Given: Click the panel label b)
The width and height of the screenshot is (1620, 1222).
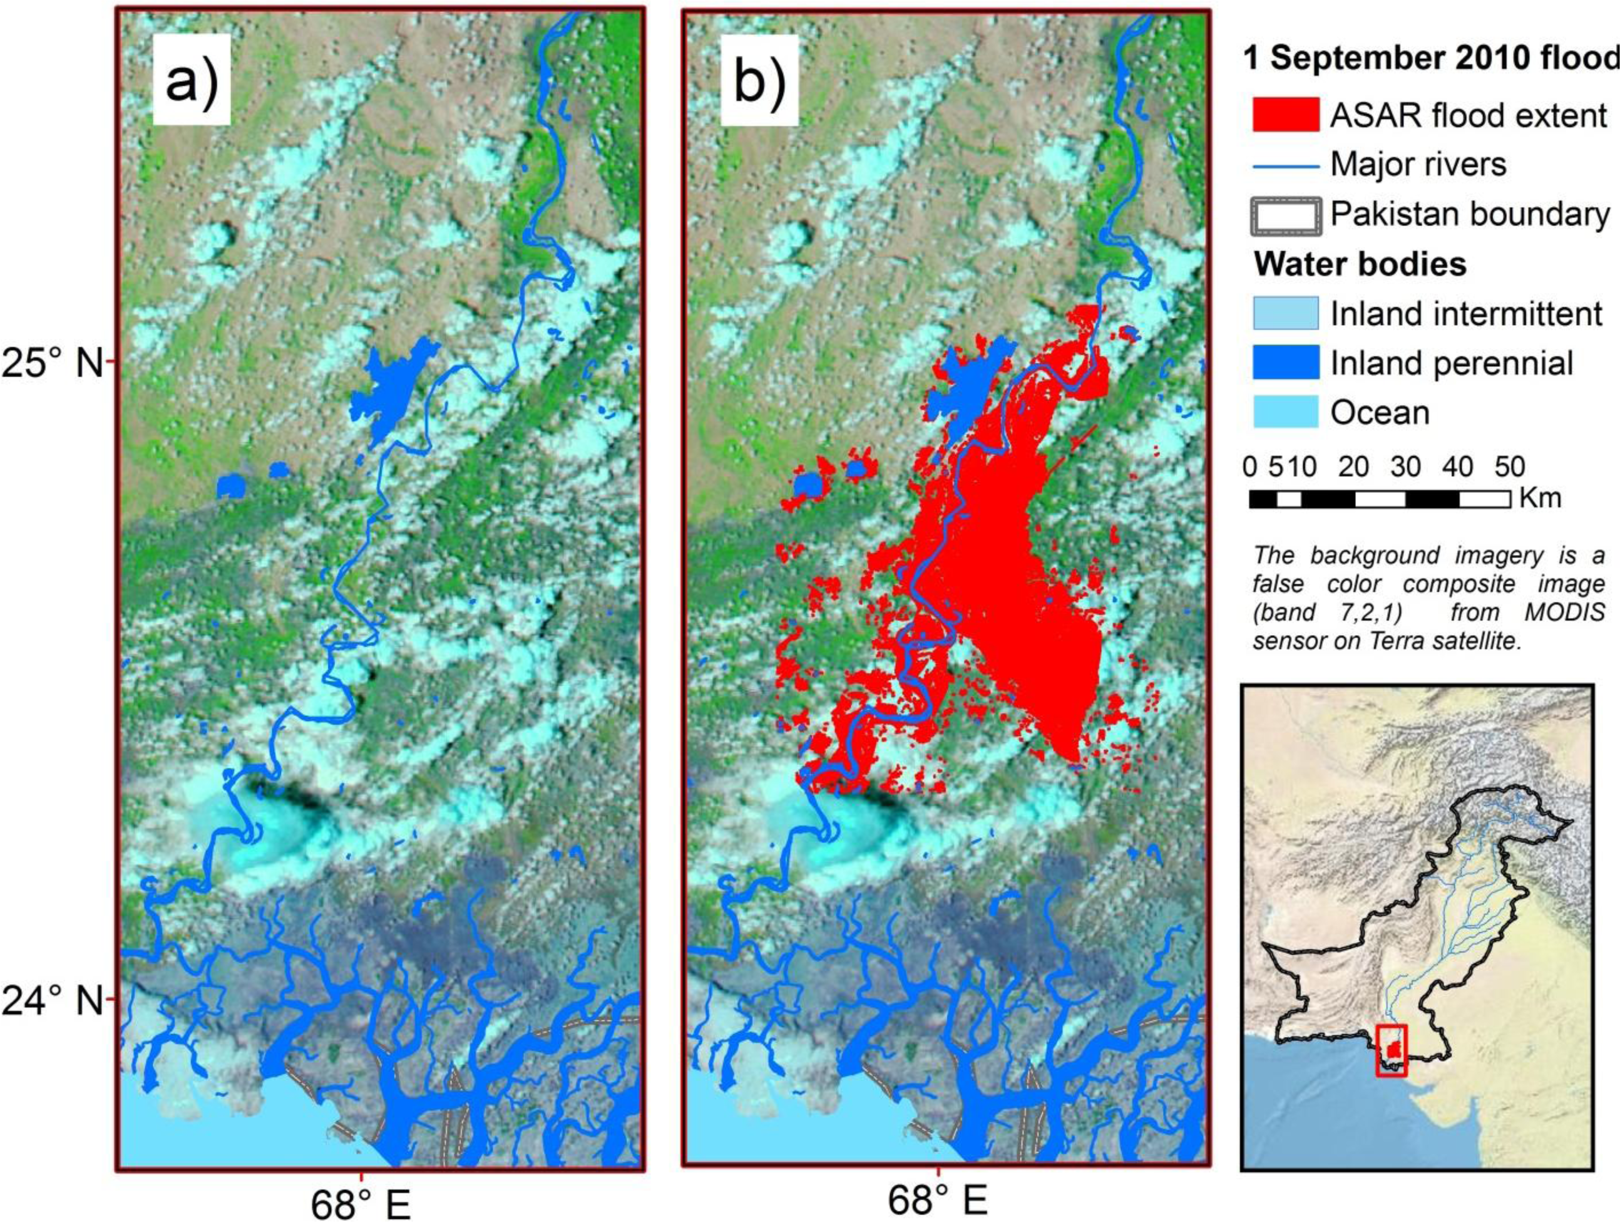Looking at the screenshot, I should pyautogui.click(x=759, y=80).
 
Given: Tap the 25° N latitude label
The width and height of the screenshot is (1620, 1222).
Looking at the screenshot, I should pyautogui.click(x=53, y=363).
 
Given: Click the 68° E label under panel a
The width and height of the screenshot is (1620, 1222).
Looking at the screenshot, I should pyautogui.click(x=361, y=1202).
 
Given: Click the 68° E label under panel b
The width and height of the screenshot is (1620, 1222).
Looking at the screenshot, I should pyautogui.click(x=938, y=1201).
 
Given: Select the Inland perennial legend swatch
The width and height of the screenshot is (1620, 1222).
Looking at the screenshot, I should pyautogui.click(x=1285, y=363).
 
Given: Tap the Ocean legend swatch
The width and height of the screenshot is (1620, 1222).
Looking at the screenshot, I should pyautogui.click(x=1285, y=412).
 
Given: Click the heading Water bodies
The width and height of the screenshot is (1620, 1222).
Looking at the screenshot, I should pyautogui.click(x=1360, y=264).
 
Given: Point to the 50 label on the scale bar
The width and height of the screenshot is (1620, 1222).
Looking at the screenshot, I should pyautogui.click(x=1509, y=467).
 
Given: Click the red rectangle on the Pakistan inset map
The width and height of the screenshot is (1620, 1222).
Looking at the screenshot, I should pyautogui.click(x=1392, y=1050).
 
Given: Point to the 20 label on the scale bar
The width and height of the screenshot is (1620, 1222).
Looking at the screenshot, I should pyautogui.click(x=1353, y=467).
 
